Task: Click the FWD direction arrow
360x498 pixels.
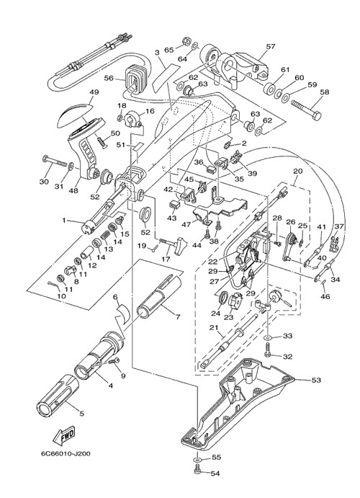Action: [x=64, y=435]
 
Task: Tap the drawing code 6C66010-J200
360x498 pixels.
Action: [x=66, y=453]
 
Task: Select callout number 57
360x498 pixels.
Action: [x=271, y=46]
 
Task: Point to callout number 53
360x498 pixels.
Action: [x=316, y=380]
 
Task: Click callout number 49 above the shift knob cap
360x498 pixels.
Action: [x=94, y=92]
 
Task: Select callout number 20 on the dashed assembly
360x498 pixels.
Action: [x=297, y=172]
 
